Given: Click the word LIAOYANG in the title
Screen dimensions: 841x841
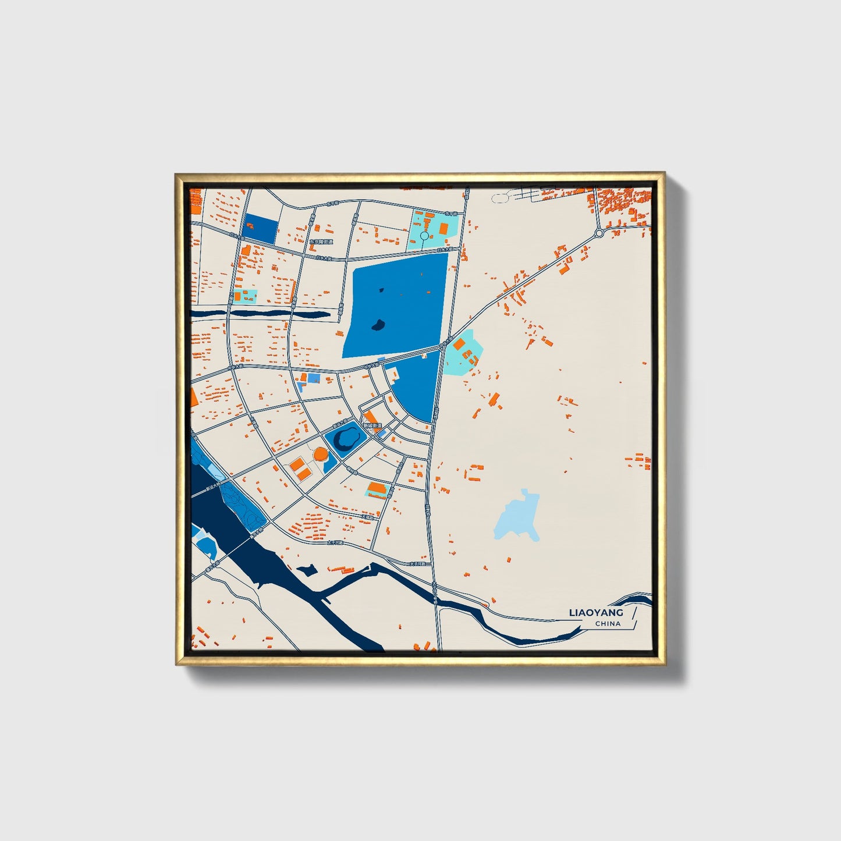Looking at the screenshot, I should [x=595, y=612].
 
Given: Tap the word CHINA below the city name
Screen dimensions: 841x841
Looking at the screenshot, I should [x=608, y=623].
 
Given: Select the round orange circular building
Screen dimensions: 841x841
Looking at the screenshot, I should [x=321, y=453].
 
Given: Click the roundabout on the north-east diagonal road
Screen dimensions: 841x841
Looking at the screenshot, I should [x=599, y=234].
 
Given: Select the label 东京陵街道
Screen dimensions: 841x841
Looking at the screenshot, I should [x=321, y=242].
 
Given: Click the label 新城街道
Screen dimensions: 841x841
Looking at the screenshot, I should [x=372, y=426].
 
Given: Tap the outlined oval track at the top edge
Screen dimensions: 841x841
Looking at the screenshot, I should [x=500, y=198].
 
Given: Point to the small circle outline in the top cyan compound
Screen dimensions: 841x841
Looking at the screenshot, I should [x=424, y=236].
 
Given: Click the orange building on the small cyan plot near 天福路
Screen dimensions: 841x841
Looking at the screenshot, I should [x=378, y=489].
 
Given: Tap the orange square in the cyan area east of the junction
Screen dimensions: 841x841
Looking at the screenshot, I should [x=459, y=345].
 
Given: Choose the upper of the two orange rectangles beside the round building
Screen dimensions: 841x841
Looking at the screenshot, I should [x=297, y=464].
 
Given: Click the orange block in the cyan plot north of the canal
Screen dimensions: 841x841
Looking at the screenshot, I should [x=237, y=296].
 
